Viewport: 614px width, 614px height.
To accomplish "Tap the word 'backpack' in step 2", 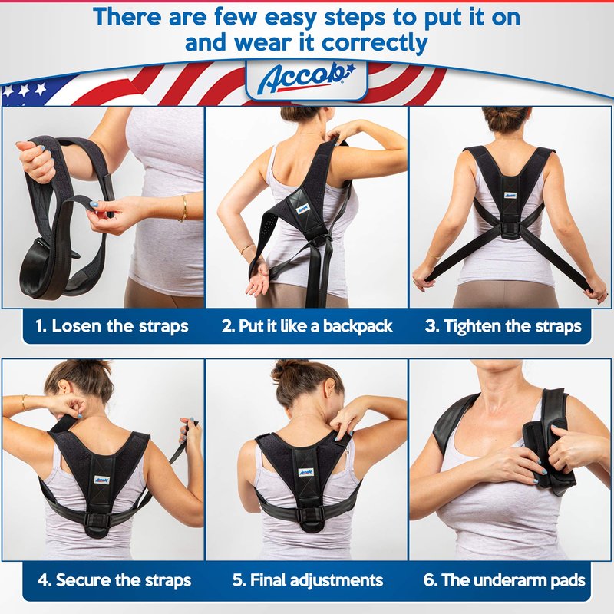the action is coord(358,326).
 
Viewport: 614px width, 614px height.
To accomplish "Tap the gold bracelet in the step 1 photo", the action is coord(183,208).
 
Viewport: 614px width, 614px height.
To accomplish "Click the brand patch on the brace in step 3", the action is coord(510,195).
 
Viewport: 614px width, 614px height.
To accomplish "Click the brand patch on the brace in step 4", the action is coord(101,480).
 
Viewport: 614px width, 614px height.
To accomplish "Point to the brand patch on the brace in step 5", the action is coord(305,472).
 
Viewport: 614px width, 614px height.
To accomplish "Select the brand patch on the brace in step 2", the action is coord(302,209).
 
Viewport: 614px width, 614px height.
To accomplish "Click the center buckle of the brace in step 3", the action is coord(510,231).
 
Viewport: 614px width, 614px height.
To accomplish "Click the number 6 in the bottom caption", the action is coord(428,580).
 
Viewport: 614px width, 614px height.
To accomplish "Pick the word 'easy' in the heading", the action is coord(290,18).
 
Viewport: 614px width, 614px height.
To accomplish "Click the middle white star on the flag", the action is coord(25,91).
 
